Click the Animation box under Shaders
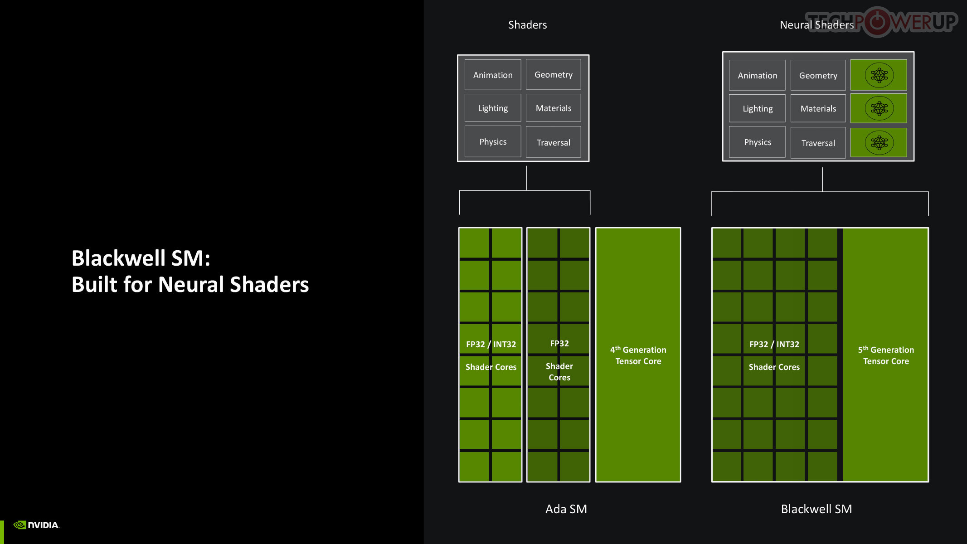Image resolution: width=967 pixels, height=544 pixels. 493,75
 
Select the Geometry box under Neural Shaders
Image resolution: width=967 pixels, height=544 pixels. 818,75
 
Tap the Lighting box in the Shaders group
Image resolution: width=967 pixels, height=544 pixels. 493,108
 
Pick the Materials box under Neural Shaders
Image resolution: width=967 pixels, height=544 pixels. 818,108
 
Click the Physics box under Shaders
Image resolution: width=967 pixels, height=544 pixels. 493,141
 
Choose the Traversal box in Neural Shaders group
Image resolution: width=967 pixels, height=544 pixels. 818,143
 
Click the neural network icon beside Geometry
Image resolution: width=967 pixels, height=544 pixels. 879,75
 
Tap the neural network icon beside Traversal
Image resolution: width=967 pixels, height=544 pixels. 879,142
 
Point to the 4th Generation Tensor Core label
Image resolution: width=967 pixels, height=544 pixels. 638,355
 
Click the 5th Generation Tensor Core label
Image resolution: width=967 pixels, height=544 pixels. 886,355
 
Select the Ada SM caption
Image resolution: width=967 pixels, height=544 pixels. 566,509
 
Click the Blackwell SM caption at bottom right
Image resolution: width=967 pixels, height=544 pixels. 816,509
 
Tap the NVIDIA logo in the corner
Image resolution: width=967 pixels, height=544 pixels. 36,525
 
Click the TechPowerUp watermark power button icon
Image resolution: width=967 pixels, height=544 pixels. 878,21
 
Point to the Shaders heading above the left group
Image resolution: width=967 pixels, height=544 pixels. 527,25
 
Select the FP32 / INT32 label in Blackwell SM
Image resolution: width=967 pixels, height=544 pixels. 774,344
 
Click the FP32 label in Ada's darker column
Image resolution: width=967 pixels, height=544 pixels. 559,343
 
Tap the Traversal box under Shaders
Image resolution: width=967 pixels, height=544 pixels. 553,142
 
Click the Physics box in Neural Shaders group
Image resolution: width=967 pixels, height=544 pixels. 757,142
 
